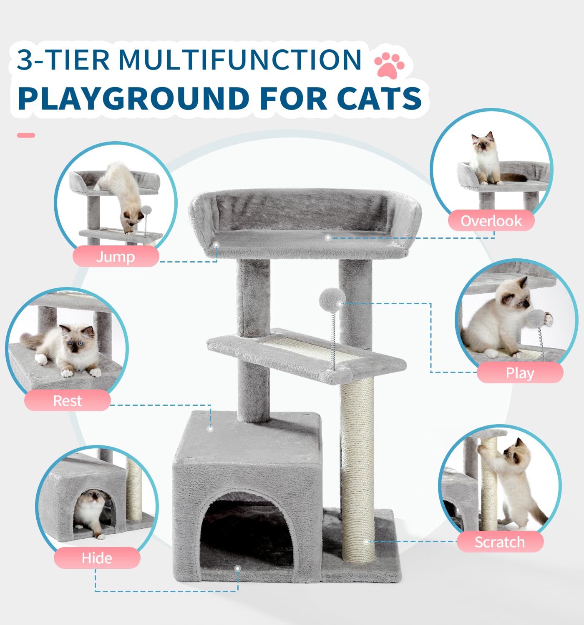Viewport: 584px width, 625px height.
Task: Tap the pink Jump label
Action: point(116,256)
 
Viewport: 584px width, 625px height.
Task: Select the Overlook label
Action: point(491,221)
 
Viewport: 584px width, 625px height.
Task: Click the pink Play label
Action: point(520,372)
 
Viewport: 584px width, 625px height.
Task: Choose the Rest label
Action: point(67,400)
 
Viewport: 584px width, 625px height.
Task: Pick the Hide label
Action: point(97,558)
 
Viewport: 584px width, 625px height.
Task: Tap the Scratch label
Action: point(500,542)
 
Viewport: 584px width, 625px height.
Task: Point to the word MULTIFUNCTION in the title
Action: point(240,60)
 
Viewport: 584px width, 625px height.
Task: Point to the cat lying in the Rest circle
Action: point(67,348)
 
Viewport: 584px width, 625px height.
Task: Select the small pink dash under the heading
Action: point(26,135)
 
